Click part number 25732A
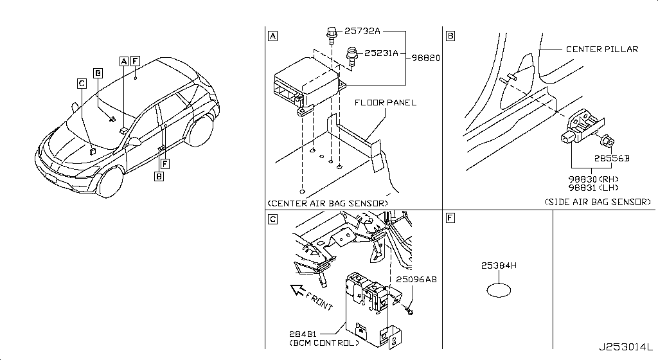coord(362,31)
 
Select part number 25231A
coord(381,53)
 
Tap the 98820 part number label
coord(425,58)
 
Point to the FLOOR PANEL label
coord(386,102)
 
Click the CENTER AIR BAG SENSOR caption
coord(327,204)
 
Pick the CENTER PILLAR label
coord(601,49)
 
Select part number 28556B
coord(612,158)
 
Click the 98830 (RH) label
coord(593,179)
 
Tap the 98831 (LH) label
coord(593,188)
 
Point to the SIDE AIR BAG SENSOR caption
coord(598,202)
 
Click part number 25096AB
coord(416,279)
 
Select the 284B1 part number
coord(303,334)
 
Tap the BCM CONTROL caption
coord(324,343)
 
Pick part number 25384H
coord(499,265)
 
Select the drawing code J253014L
coord(626,347)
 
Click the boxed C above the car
coord(82,84)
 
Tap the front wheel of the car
coord(110,182)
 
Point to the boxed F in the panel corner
coord(450,218)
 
